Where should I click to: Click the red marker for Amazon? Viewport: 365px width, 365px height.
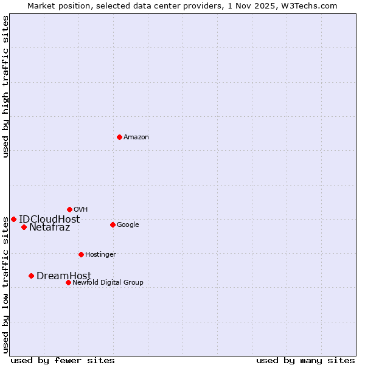point(119,137)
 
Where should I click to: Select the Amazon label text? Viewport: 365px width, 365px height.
point(136,137)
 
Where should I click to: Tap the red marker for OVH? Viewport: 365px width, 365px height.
point(69,209)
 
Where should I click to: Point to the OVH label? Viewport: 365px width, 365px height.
point(80,210)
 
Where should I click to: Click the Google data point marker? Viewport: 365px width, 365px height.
point(113,224)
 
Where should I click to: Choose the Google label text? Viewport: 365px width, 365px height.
point(128,225)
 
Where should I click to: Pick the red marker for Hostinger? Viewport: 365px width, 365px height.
point(81,254)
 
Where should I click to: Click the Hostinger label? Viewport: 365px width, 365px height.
point(100,255)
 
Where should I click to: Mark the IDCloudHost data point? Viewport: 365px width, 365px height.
point(13,219)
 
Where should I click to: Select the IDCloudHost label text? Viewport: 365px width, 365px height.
point(49,220)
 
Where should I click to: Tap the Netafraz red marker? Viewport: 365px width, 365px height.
point(24,227)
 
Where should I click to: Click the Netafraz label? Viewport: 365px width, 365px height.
point(49,228)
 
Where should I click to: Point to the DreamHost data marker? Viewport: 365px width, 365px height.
point(31,276)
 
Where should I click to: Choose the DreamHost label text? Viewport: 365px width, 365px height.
point(64,276)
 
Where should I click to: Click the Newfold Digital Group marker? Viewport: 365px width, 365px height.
point(68,282)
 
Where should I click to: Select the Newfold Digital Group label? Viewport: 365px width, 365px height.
point(108,283)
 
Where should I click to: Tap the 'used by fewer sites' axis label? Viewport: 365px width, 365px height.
point(63,360)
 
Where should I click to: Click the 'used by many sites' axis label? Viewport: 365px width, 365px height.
point(305,360)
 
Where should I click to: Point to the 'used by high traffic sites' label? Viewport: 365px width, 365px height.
point(5,86)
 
